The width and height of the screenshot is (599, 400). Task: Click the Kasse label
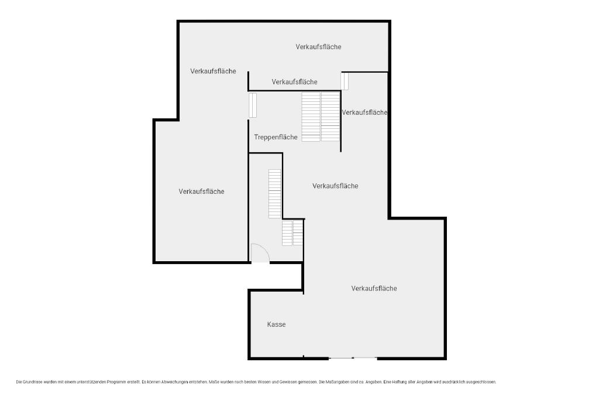pyautogui.click(x=276, y=324)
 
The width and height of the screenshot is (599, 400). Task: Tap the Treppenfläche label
pyautogui.click(x=276, y=137)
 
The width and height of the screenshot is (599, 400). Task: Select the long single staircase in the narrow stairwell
pyautogui.click(x=275, y=193)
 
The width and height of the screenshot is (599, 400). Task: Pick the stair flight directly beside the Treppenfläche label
pyautogui.click(x=311, y=117)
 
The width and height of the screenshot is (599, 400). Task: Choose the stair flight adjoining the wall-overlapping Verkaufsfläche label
pyautogui.click(x=331, y=117)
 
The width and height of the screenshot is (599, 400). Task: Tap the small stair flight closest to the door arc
pyautogui.click(x=287, y=233)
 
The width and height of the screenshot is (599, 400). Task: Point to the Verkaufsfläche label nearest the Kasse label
pyautogui.click(x=374, y=288)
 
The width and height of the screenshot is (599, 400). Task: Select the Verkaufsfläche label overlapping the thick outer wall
pyautogui.click(x=364, y=112)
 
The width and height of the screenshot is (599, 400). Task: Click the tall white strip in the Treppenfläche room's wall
pyautogui.click(x=253, y=105)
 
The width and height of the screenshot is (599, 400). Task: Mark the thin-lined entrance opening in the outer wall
pyautogui.click(x=353, y=358)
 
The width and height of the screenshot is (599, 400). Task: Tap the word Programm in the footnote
pyautogui.click(x=116, y=382)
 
